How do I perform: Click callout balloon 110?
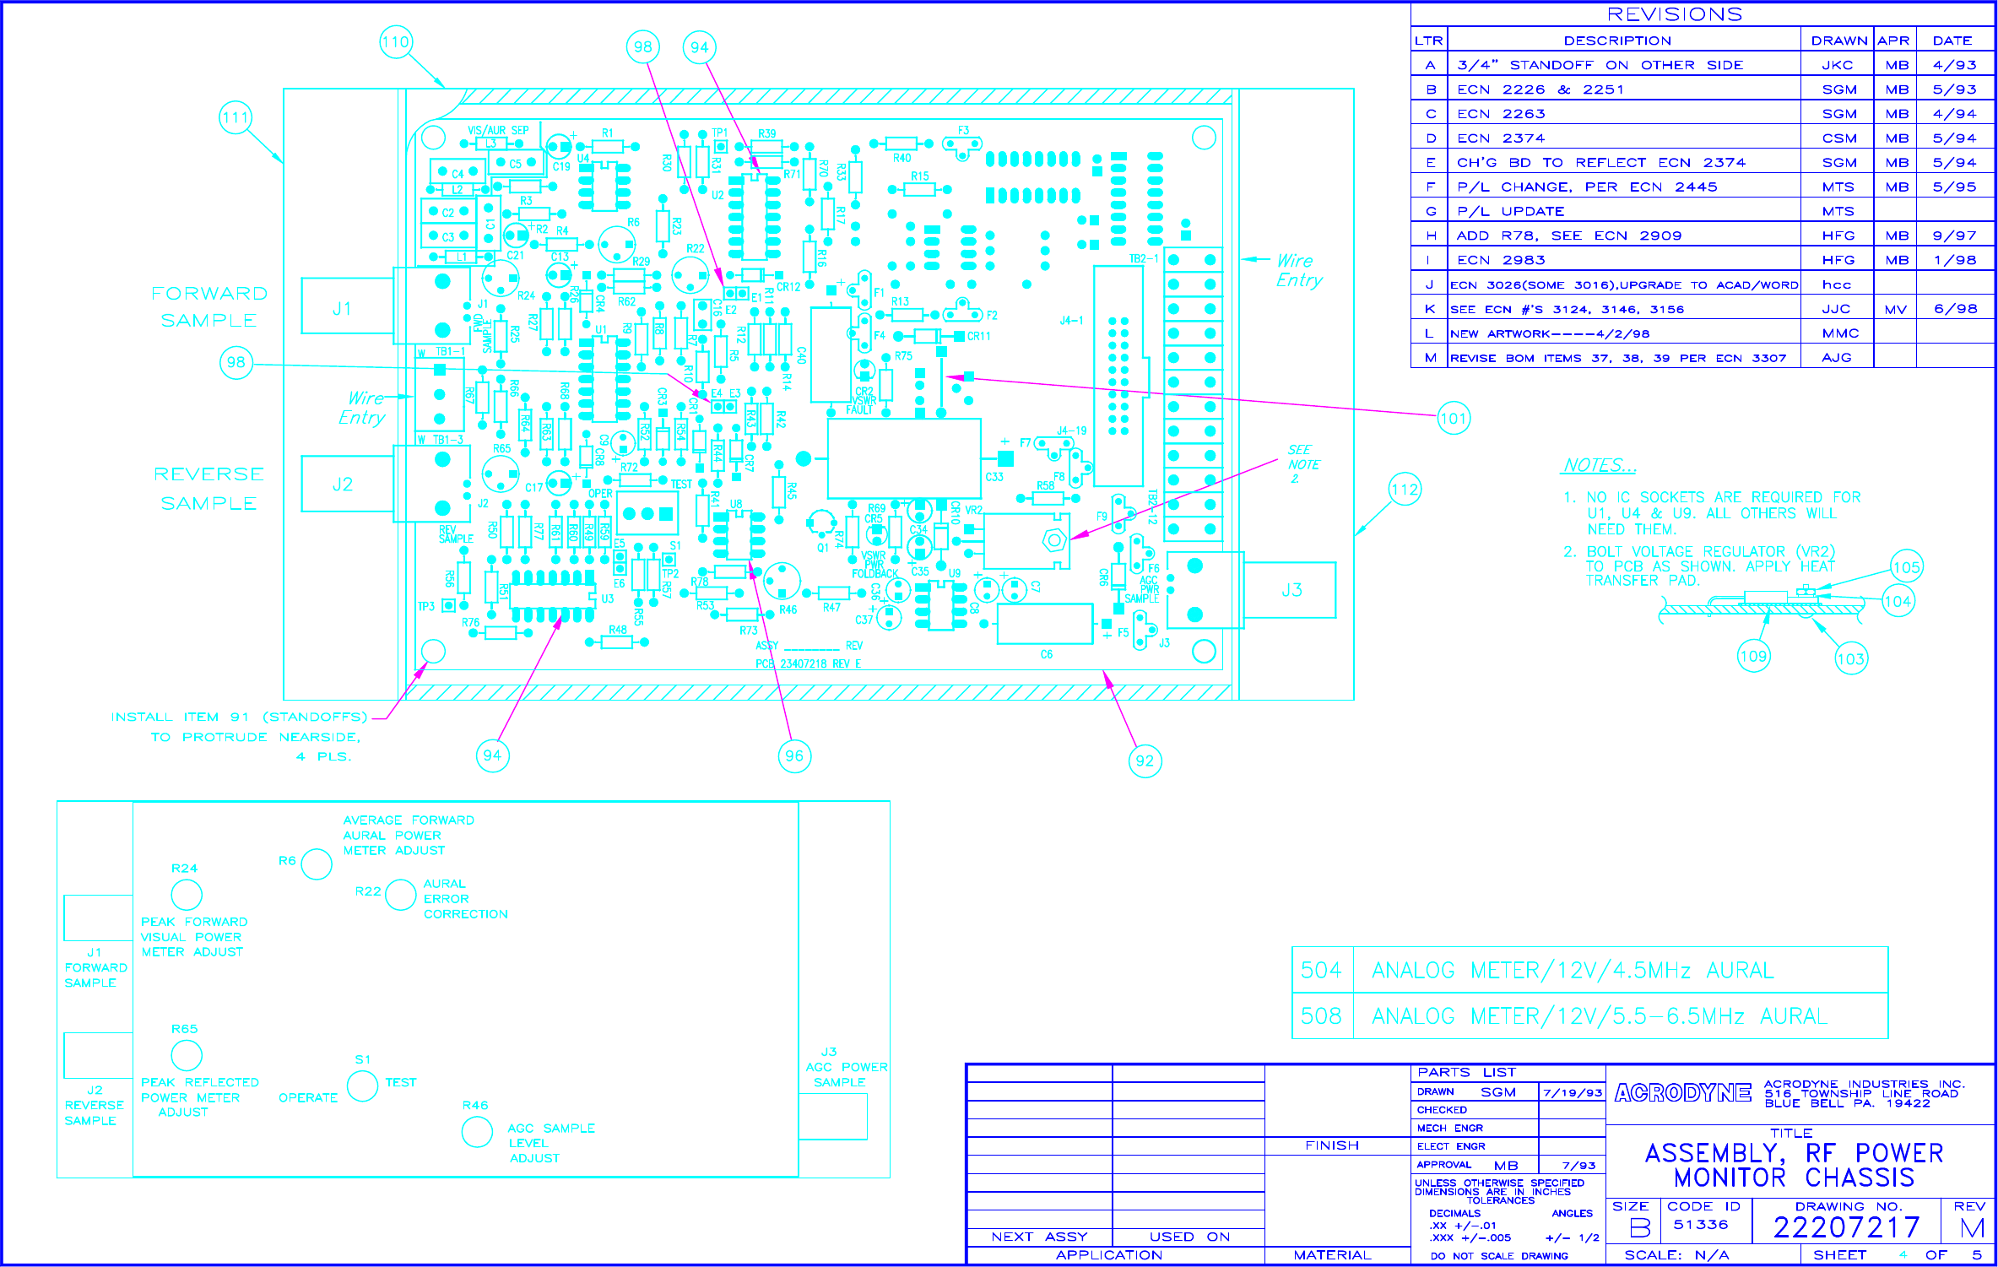[395, 42]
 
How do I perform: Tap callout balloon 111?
[236, 117]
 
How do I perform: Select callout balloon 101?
[1453, 418]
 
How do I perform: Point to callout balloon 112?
[1405, 490]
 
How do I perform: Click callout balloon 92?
[1145, 761]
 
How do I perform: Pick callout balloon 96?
[794, 756]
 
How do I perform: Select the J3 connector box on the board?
[1291, 590]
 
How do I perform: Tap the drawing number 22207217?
[1846, 1227]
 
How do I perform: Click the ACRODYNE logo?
[1682, 1093]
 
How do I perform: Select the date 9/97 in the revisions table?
[1954, 236]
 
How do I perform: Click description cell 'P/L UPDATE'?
[1510, 211]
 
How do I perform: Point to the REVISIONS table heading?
[1674, 14]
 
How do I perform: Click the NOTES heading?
[1599, 465]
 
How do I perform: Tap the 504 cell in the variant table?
[1321, 971]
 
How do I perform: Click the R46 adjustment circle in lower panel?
[477, 1132]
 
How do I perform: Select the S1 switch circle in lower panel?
[362, 1086]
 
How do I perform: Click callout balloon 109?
[1752, 657]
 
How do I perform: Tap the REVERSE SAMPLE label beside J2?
[208, 489]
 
